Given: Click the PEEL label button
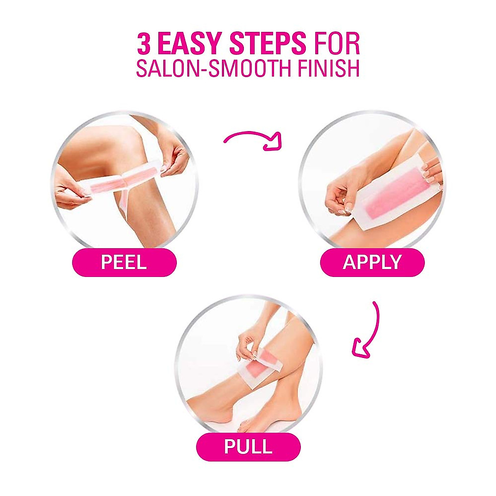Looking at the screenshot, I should click(124, 262).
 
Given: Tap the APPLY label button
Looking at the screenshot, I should click(372, 262).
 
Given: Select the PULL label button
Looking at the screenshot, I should click(248, 447).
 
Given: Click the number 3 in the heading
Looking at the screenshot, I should click(143, 45).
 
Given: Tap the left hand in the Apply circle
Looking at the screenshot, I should click(339, 198).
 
